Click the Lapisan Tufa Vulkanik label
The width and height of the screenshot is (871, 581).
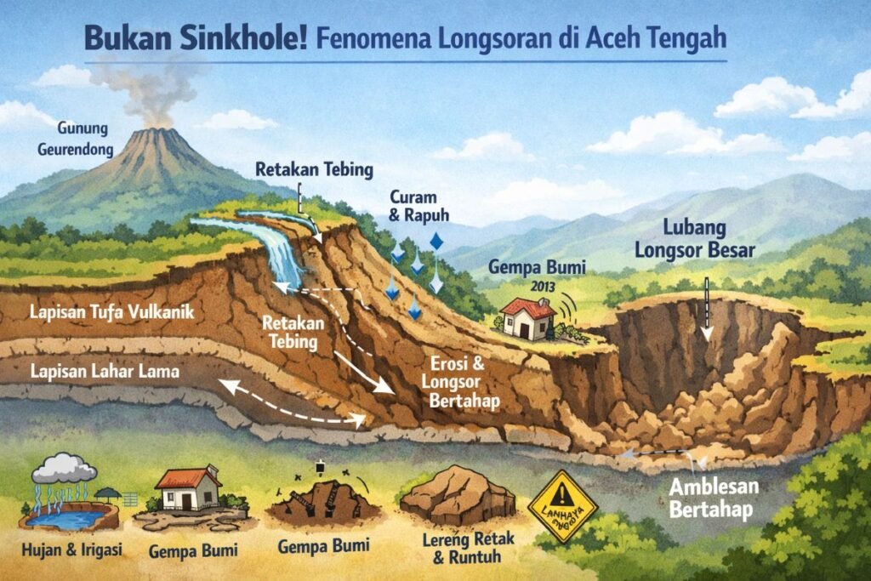tap(111, 313)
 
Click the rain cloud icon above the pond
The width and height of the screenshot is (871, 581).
tap(64, 469)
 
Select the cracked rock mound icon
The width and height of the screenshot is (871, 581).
tap(458, 497)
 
